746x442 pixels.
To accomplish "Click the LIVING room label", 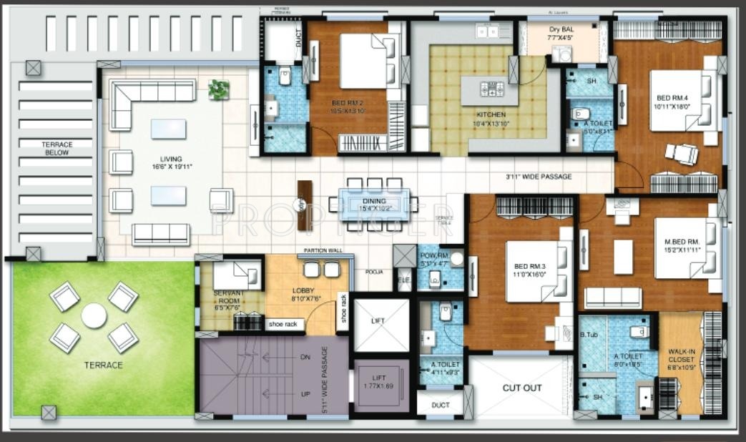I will (171, 159).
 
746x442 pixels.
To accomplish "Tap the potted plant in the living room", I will (219, 89).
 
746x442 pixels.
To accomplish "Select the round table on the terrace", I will (94, 315).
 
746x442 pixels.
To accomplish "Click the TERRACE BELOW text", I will (56, 149).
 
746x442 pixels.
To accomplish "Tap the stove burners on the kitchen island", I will (492, 89).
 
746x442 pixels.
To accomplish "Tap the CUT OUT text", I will (522, 388).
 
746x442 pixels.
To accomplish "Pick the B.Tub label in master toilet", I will (588, 335).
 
